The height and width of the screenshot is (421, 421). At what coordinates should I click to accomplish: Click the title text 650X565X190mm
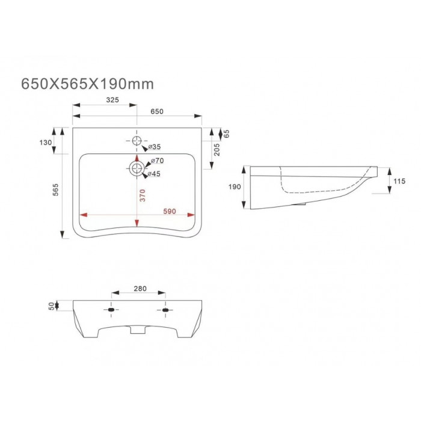tap(88, 84)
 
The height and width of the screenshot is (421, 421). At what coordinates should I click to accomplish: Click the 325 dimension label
tap(112, 100)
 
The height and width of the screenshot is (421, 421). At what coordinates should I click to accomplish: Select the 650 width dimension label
tap(157, 111)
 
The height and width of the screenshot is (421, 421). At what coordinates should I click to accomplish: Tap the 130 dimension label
tap(45, 143)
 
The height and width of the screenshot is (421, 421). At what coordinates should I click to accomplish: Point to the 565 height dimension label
tap(55, 190)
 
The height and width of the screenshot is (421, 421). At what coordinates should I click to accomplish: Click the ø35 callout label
tap(155, 147)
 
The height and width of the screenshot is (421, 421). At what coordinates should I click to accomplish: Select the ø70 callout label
tap(158, 161)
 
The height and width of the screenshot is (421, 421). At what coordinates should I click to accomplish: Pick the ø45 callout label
tap(154, 174)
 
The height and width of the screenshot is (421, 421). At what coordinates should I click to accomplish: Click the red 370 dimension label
tap(143, 195)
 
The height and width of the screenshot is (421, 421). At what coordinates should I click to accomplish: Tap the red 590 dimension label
tap(170, 211)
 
